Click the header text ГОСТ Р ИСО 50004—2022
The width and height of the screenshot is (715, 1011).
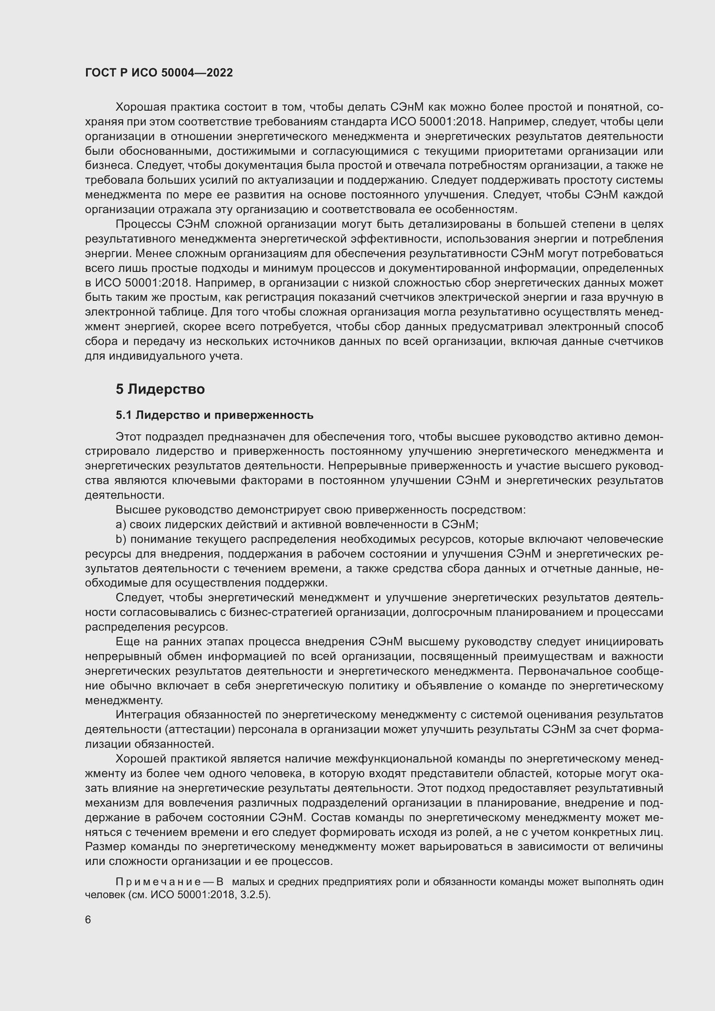[x=159, y=73]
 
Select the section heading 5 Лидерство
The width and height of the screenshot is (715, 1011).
[x=160, y=389]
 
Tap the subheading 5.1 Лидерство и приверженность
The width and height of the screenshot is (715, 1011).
[x=214, y=415]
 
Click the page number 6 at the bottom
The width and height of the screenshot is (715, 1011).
[x=88, y=920]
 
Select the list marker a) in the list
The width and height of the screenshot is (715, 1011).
[x=121, y=524]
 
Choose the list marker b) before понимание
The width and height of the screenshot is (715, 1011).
[x=121, y=539]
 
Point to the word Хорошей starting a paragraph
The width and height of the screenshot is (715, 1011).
[x=138, y=759]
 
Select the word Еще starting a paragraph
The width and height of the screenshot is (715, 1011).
[x=126, y=641]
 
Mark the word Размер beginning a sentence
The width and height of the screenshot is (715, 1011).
[x=103, y=846]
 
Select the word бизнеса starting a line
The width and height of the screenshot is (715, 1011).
[x=108, y=166]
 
